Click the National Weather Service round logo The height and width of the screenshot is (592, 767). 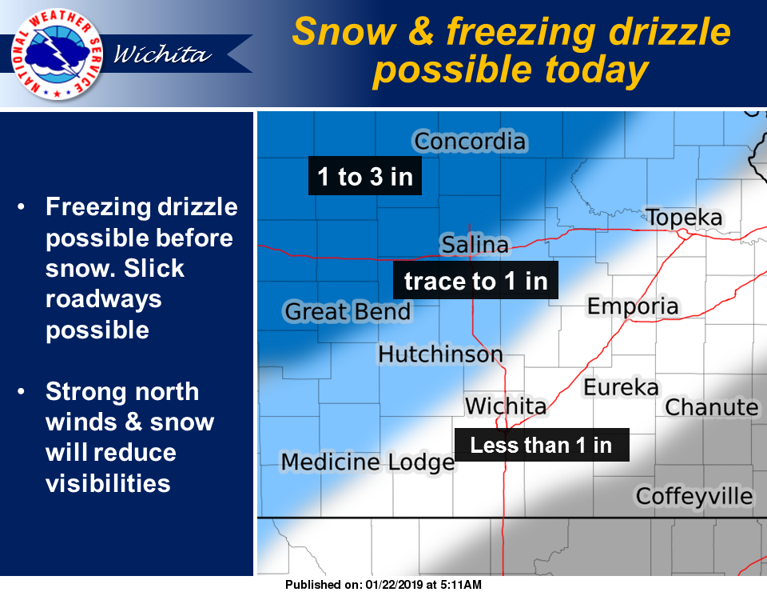[57, 54]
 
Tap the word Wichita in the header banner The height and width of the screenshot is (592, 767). [163, 54]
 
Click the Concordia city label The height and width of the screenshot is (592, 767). [470, 142]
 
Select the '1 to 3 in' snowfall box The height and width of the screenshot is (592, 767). [365, 176]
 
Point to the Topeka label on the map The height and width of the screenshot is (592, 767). [684, 218]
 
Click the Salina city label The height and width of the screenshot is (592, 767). [475, 244]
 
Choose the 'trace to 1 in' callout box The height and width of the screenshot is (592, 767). [475, 281]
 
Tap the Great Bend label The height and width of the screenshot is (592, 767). [348, 311]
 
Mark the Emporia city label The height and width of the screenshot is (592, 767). [633, 306]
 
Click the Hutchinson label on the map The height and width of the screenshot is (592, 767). [440, 354]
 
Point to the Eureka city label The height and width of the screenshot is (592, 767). [622, 387]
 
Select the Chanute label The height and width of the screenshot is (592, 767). [712, 407]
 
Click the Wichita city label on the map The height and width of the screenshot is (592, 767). [506, 406]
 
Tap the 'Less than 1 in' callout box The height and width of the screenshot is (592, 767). [542, 445]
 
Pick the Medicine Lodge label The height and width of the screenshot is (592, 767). [368, 462]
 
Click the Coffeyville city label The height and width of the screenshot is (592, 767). [694, 496]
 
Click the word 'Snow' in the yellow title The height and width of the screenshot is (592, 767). [344, 32]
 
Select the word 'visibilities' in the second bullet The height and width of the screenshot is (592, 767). [108, 483]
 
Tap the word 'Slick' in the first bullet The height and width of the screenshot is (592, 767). [154, 268]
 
